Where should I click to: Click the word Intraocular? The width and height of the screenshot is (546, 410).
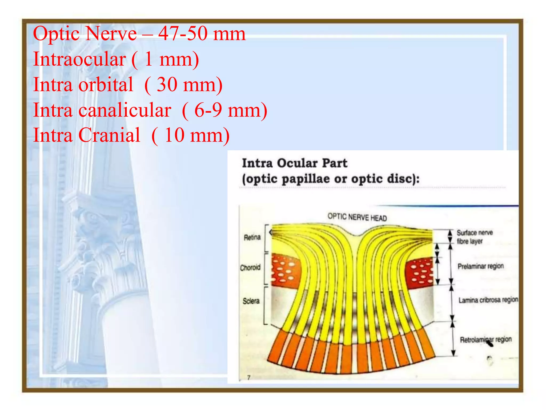(x=79, y=59)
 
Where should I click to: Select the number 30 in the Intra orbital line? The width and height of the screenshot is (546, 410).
(x=167, y=85)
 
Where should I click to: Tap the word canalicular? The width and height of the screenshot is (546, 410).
(x=125, y=110)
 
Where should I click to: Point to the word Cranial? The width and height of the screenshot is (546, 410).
(x=109, y=135)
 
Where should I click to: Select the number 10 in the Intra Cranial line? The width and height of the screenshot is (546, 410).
(x=174, y=135)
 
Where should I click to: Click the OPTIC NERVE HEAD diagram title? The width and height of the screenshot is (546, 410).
(x=357, y=217)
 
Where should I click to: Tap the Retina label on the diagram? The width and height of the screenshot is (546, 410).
(x=252, y=237)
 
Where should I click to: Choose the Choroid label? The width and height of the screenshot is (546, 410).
(x=250, y=267)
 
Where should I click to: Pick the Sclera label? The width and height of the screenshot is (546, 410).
(x=251, y=301)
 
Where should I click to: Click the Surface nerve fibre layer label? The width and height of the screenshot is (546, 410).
(x=474, y=237)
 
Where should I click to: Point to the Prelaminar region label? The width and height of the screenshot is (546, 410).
(x=480, y=266)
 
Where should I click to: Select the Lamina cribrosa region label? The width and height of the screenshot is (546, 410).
(x=488, y=300)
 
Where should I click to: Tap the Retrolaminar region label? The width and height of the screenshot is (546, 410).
(x=486, y=340)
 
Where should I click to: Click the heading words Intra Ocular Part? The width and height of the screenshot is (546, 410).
(x=294, y=163)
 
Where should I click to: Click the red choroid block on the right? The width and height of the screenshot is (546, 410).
(x=421, y=272)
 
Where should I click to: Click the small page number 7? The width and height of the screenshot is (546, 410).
(x=249, y=378)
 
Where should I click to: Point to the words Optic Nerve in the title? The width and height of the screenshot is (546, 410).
(x=85, y=34)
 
